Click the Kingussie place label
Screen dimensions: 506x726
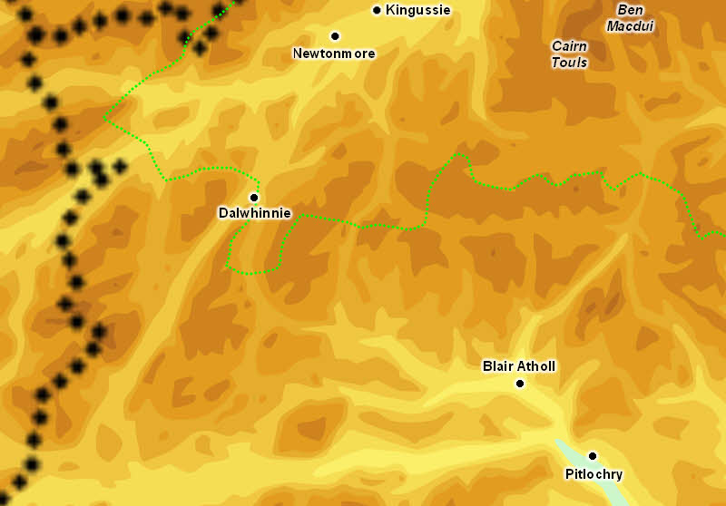tap(417, 11)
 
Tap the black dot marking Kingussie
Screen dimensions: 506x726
tap(377, 11)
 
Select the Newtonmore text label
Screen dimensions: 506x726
tap(334, 54)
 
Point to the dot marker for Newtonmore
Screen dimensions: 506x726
tap(335, 36)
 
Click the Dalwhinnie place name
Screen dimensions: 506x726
tap(254, 213)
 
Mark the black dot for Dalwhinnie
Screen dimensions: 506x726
tap(254, 197)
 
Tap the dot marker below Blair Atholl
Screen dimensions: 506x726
tap(520, 384)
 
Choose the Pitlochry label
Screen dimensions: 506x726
tap(594, 474)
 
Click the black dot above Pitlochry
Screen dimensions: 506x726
tap(593, 456)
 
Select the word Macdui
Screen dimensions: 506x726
tap(630, 26)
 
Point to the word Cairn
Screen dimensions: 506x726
tap(569, 46)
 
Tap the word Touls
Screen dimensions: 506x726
tap(569, 63)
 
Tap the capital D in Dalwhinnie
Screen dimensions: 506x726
tap(223, 213)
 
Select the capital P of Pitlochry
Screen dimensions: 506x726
tap(569, 474)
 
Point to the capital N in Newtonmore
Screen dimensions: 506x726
tap(298, 54)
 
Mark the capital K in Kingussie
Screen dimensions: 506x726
tap(390, 11)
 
